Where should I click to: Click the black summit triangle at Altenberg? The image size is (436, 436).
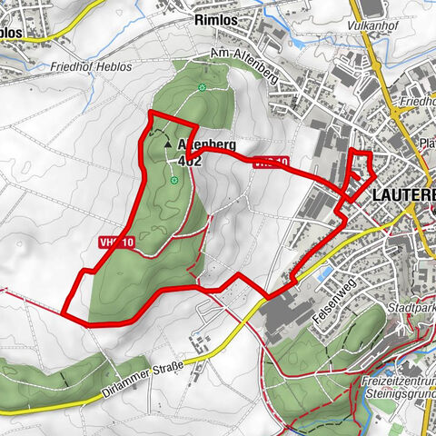tap(166, 143)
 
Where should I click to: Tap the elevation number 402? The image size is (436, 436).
tap(191, 160)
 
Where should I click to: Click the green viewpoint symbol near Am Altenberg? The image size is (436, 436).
tap(201, 87)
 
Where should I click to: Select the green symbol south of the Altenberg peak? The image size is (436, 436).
tap(173, 181)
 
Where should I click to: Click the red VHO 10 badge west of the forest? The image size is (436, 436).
tap(118, 243)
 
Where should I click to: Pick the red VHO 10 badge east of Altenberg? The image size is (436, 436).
tap(271, 163)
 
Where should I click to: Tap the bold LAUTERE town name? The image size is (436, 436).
tap(404, 194)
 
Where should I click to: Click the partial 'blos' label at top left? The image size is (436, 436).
tap(11, 30)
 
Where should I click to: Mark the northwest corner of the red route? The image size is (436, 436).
tap(150, 112)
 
